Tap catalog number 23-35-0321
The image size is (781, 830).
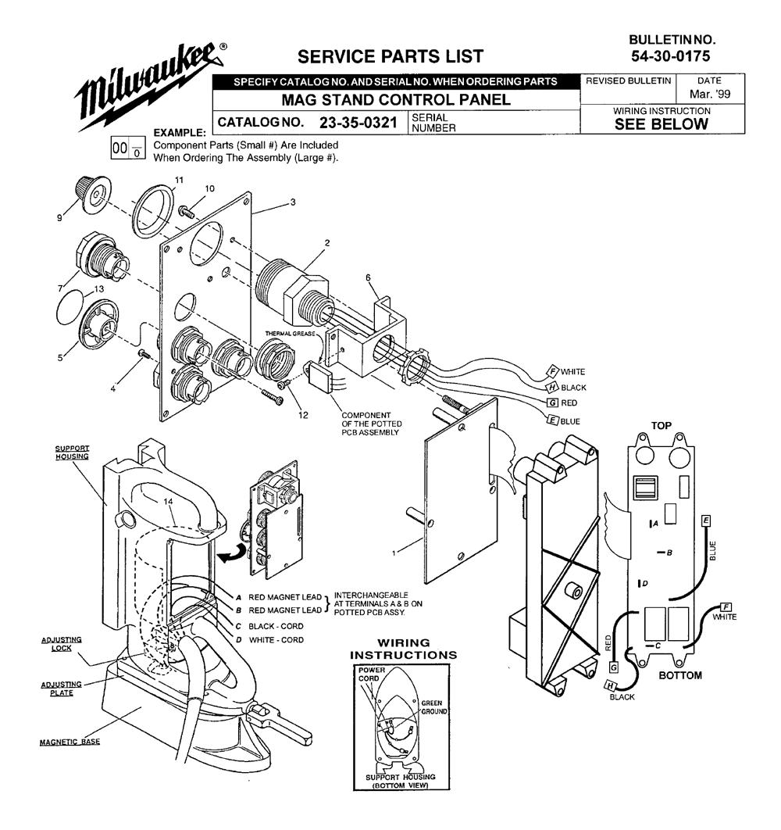362,123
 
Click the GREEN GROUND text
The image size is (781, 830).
431,707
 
